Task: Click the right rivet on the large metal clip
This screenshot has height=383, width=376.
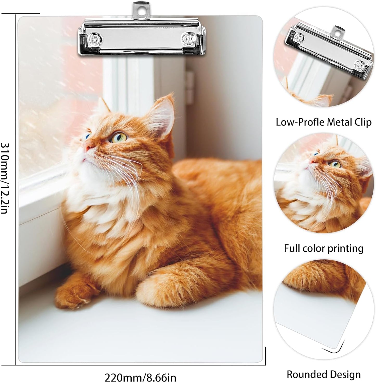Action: click(187, 39)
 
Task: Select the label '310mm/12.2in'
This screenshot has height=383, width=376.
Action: click(6, 178)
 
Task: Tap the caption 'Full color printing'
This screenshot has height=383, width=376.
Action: click(323, 248)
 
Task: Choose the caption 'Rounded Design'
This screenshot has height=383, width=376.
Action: click(323, 374)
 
